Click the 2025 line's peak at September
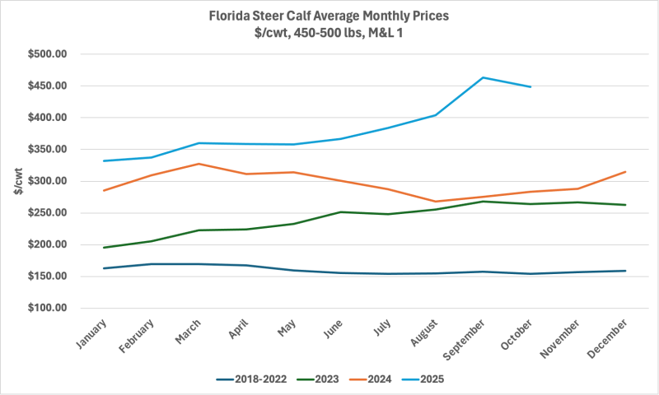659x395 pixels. tap(483, 77)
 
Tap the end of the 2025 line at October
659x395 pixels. tap(530, 86)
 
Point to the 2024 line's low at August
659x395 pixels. tap(436, 202)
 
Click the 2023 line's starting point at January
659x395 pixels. tap(104, 248)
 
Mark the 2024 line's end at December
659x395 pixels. tap(626, 172)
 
